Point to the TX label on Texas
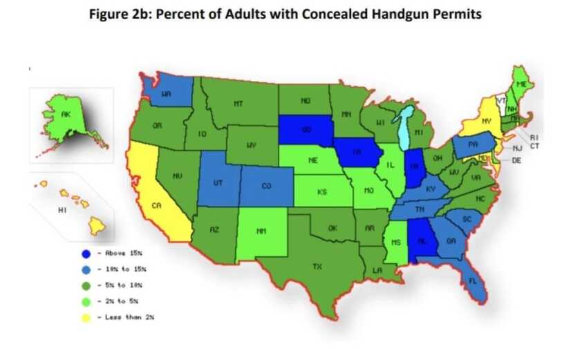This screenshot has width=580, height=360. coord(317,265)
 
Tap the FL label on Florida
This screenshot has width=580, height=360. coord(472,282)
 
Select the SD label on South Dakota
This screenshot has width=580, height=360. coord(306,129)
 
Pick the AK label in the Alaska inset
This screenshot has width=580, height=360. coord(65,115)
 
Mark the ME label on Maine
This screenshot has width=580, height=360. coord(523,84)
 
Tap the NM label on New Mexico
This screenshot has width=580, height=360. coord(261,231)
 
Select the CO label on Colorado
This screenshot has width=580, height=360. coord(266,186)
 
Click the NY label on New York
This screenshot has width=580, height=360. coord(487,121)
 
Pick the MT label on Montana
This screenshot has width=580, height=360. coord(238,104)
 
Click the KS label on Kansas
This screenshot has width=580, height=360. coord(321,192)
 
